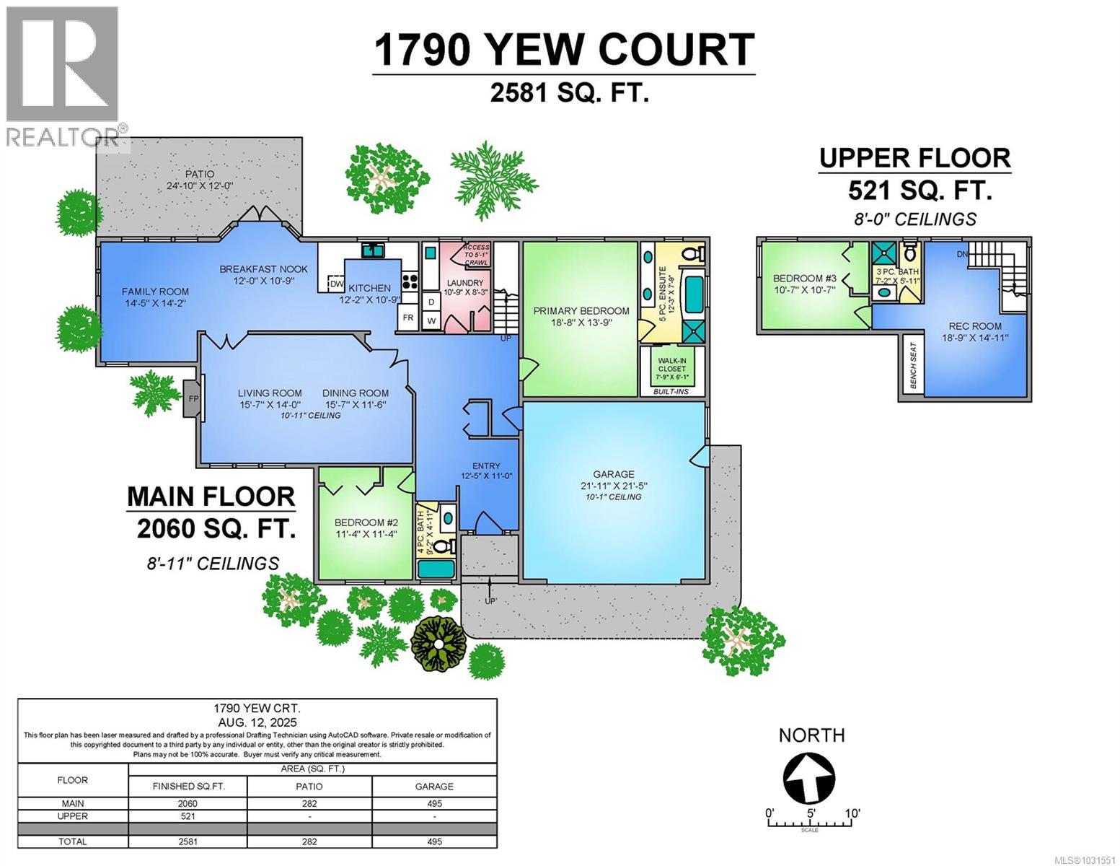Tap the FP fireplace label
pyautogui.click(x=193, y=398)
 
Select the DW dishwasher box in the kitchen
pyautogui.click(x=336, y=284)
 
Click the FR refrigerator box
pyautogui.click(x=407, y=318)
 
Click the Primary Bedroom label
pyautogui.click(x=581, y=311)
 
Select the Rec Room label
pyautogui.click(x=975, y=326)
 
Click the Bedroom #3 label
pyautogui.click(x=804, y=279)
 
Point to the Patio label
pyautogui.click(x=199, y=174)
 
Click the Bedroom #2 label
pyautogui.click(x=366, y=522)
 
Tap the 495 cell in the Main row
pyautogui.click(x=434, y=804)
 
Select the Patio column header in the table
pyautogui.click(x=309, y=786)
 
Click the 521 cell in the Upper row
pyautogui.click(x=188, y=816)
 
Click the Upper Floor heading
pyautogui.click(x=914, y=158)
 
